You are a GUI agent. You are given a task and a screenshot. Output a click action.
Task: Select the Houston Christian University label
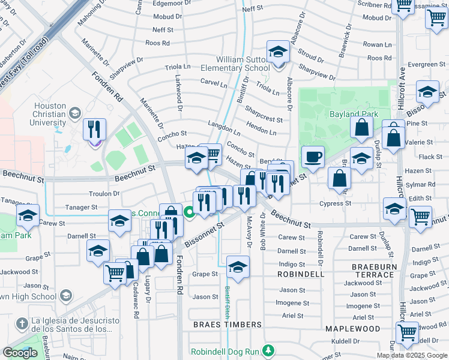pyautogui.click(x=50, y=114)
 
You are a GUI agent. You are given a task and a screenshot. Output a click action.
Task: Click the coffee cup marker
pyautogui.click(x=313, y=158)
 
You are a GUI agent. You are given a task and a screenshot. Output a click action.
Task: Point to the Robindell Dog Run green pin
pyautogui.click(x=270, y=350)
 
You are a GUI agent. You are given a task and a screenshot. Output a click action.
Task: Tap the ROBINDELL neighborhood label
pyautogui.click(x=301, y=274)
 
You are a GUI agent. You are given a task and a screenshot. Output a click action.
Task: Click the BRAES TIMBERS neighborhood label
pyautogui.click(x=228, y=325)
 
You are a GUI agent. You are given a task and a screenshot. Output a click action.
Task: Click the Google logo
pyautogui.click(x=20, y=353)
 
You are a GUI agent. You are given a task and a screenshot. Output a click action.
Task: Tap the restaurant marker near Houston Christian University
pyautogui.click(x=94, y=130)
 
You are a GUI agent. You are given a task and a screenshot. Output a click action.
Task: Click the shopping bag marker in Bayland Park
pyautogui.click(x=362, y=127)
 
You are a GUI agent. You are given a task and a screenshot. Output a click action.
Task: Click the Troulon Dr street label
pyautogui.click(x=106, y=194)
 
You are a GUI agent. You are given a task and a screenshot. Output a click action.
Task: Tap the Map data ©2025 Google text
pyautogui.click(x=411, y=355)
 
